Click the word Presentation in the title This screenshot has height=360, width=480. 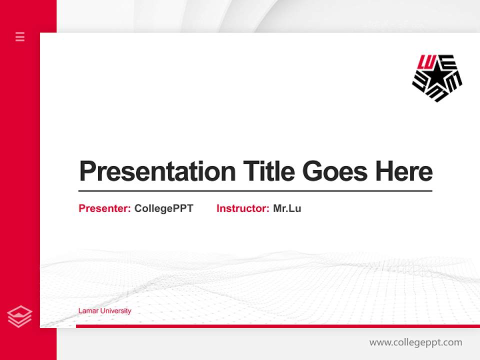coord(157,171)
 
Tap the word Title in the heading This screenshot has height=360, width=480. coord(268,171)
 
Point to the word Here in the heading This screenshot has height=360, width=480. coord(403,171)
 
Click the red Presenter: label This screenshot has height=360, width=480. coord(104,208)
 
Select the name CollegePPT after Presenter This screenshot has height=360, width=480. coord(163,208)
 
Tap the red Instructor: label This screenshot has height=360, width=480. coord(242,208)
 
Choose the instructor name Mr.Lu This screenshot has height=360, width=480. coord(287,208)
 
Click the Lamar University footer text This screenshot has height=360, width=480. coord(104,311)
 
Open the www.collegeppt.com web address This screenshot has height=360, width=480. coord(415,342)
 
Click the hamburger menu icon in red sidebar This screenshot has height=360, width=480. coord(20,36)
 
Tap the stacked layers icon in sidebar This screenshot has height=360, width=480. coord(19,316)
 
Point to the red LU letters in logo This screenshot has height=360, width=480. coord(427,61)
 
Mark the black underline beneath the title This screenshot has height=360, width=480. coord(255,191)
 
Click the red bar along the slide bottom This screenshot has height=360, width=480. coord(277,326)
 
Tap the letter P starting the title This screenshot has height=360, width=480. coord(87,171)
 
